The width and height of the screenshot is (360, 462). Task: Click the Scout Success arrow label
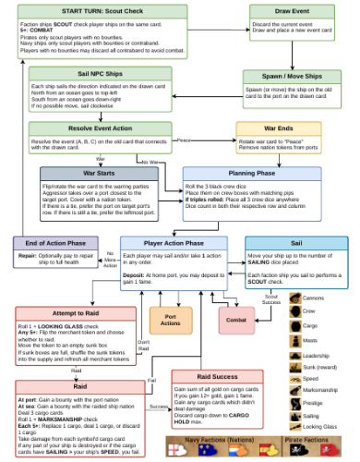(x=271, y=299)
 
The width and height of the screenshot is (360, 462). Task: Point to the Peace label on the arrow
(x=185, y=140)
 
